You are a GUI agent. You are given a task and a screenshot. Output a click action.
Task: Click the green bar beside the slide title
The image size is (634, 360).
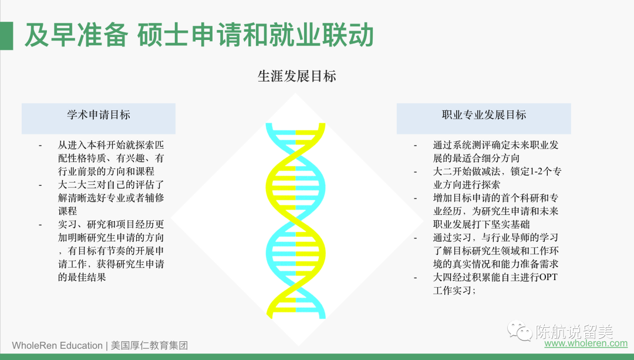tap(6, 36)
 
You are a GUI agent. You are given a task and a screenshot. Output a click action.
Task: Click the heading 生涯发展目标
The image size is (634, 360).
tap(297, 76)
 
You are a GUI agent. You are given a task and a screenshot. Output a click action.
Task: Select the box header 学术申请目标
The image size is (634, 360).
tap(99, 115)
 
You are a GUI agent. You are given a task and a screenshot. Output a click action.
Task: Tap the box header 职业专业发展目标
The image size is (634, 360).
tap(484, 115)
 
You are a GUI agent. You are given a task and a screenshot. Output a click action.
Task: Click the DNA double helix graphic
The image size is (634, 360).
tap(295, 221)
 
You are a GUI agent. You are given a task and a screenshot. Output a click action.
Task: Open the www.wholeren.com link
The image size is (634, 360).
tap(586, 344)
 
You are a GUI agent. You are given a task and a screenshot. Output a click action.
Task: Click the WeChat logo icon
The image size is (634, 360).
tap(520, 331)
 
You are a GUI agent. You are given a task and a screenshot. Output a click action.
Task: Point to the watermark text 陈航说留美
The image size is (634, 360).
tap(575, 332)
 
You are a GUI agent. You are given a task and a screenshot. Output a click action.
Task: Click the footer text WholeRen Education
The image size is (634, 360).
tap(57, 345)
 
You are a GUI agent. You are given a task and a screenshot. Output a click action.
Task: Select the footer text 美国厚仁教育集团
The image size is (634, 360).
tap(149, 345)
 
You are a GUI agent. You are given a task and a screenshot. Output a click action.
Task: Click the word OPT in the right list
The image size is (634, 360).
tap(548, 277)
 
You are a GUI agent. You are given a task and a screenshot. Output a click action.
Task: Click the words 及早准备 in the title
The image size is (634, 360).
tap(76, 36)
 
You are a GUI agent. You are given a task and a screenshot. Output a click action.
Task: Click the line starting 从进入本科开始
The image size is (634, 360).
tap(111, 145)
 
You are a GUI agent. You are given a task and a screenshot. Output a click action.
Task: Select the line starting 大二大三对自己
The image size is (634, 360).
tap(111, 185)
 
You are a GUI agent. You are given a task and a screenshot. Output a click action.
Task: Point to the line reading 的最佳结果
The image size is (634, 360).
tap(82, 277)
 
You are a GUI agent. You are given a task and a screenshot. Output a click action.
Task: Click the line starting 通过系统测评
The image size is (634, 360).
tap(495, 145)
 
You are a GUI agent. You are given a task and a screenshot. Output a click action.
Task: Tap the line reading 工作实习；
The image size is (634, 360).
tap(454, 291)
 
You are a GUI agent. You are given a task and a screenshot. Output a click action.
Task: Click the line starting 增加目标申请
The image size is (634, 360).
tap(495, 198)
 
